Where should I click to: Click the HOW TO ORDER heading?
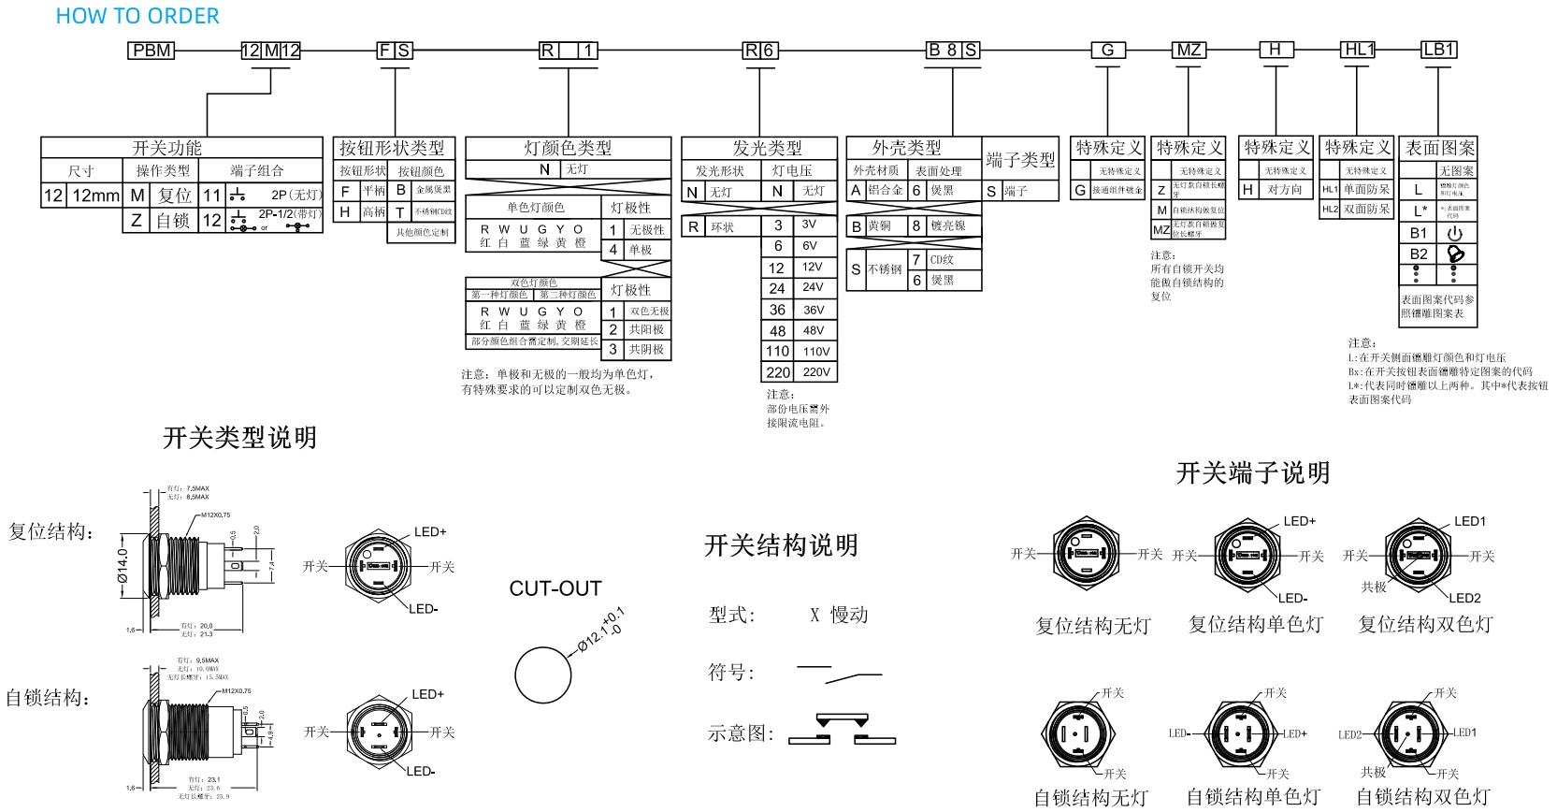[x=137, y=16]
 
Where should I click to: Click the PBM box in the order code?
[x=151, y=51]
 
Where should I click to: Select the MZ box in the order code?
[x=1188, y=51]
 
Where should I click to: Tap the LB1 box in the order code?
[x=1438, y=50]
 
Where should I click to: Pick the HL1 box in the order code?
[x=1358, y=50]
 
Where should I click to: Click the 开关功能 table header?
[x=166, y=148]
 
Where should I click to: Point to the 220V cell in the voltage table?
[x=816, y=372]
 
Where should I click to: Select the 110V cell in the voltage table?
[x=816, y=352]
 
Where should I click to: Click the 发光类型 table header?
[x=767, y=148]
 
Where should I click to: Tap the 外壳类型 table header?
[x=906, y=148]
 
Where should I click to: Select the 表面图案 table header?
[x=1439, y=148]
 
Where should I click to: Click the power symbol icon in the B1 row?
[x=1455, y=233]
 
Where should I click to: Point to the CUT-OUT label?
[x=555, y=588]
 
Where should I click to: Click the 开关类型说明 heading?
[x=239, y=438]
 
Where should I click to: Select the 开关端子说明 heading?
[x=1253, y=473]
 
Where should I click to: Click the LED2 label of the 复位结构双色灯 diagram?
[x=1464, y=598]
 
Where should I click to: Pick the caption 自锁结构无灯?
[x=1090, y=797]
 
